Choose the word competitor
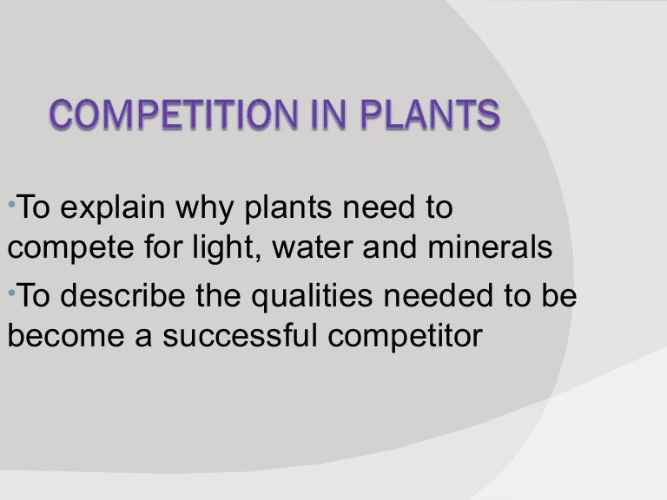tap(408, 336)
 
